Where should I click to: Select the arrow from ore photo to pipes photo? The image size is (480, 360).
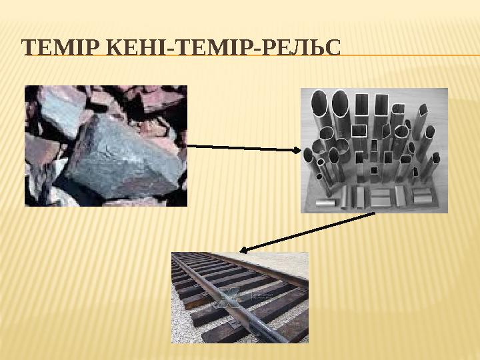[240, 147]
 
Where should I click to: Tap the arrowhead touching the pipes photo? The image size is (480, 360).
[297, 150]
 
